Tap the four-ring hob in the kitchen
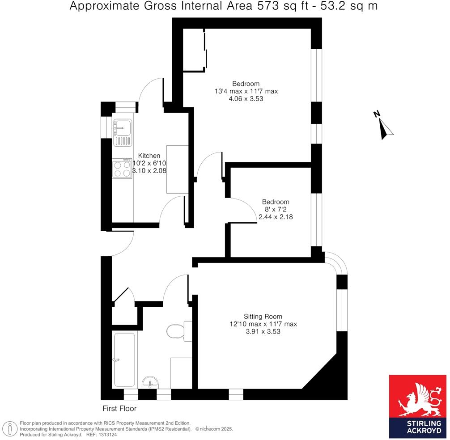pos(122,169)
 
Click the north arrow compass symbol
pos(384,125)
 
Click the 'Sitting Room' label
pos(263,316)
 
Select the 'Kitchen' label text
pos(149,156)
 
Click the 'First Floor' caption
pos(119,408)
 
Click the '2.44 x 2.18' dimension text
pos(276,217)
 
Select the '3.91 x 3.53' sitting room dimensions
pos(263,332)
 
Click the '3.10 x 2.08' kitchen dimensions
pos(149,171)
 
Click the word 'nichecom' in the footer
pos(213,429)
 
